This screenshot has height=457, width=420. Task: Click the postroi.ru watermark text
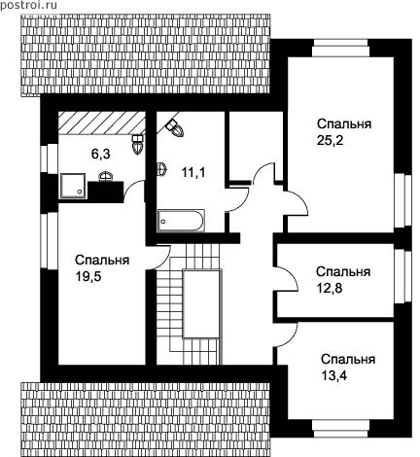point(28,6)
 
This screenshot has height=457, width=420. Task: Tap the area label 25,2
point(330,141)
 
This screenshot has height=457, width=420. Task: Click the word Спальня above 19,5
point(102,260)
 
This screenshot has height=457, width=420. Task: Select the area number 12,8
point(330,288)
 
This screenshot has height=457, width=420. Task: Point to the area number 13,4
point(334,376)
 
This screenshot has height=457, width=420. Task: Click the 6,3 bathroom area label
point(101,155)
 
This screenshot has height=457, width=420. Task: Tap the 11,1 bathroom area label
point(193,173)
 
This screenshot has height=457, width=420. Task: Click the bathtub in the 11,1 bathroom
point(181,221)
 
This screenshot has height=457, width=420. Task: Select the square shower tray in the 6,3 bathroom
point(73,186)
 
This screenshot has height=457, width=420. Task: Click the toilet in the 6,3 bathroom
point(137,145)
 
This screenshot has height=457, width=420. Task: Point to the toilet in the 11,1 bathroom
point(175,127)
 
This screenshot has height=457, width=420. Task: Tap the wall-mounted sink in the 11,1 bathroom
point(162,169)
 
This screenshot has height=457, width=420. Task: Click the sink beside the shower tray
point(106,175)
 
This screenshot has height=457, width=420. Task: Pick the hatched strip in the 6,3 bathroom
point(101,123)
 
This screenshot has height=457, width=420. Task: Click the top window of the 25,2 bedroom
point(340,48)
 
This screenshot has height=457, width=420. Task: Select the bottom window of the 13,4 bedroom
point(341,429)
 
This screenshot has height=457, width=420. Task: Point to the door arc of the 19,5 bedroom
point(161,257)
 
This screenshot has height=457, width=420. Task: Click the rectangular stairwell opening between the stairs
point(202,304)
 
